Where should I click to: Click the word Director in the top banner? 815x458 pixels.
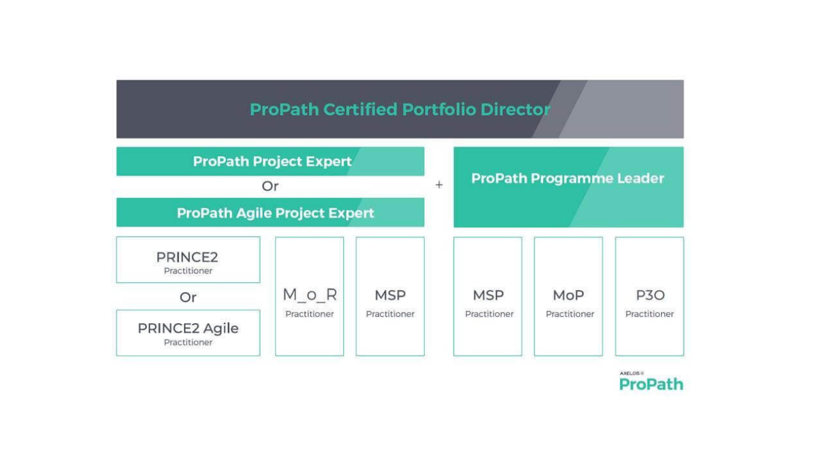pyautogui.click(x=515, y=109)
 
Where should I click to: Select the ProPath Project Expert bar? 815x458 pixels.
pyautogui.click(x=270, y=162)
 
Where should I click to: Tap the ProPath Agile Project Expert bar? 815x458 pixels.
pyautogui.click(x=270, y=212)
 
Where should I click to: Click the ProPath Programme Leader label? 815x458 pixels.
pyautogui.click(x=567, y=179)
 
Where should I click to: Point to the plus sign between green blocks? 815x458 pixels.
pyautogui.click(x=439, y=184)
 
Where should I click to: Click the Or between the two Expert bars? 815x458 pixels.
pyautogui.click(x=270, y=186)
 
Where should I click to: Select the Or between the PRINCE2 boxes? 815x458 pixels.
pyautogui.click(x=188, y=297)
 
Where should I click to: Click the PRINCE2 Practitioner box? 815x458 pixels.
pyautogui.click(x=188, y=260)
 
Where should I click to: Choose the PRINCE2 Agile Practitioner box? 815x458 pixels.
pyautogui.click(x=188, y=333)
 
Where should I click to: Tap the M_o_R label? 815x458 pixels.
pyautogui.click(x=309, y=295)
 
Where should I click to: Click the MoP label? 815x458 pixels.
pyautogui.click(x=569, y=295)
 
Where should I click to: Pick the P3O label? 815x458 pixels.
pyautogui.click(x=650, y=295)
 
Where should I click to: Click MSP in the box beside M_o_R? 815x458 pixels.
pyautogui.click(x=390, y=295)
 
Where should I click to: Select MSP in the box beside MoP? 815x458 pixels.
pyautogui.click(x=488, y=295)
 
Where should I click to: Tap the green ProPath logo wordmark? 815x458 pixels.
pyautogui.click(x=651, y=384)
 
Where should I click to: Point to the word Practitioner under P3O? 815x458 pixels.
pyautogui.click(x=649, y=314)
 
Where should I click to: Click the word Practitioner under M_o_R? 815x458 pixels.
pyautogui.click(x=309, y=314)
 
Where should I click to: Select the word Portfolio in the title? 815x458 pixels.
pyautogui.click(x=439, y=109)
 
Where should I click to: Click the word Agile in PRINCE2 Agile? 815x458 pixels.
pyautogui.click(x=221, y=329)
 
